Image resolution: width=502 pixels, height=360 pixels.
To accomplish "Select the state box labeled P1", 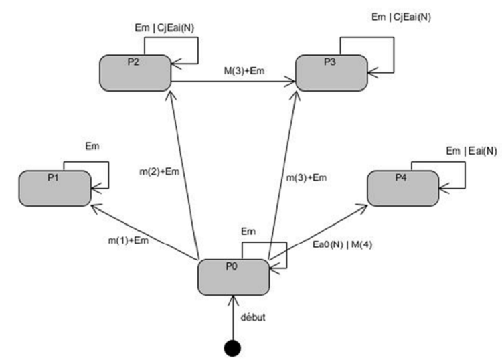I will click(x=54, y=188).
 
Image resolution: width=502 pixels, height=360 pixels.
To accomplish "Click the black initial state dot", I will click(x=233, y=348).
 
